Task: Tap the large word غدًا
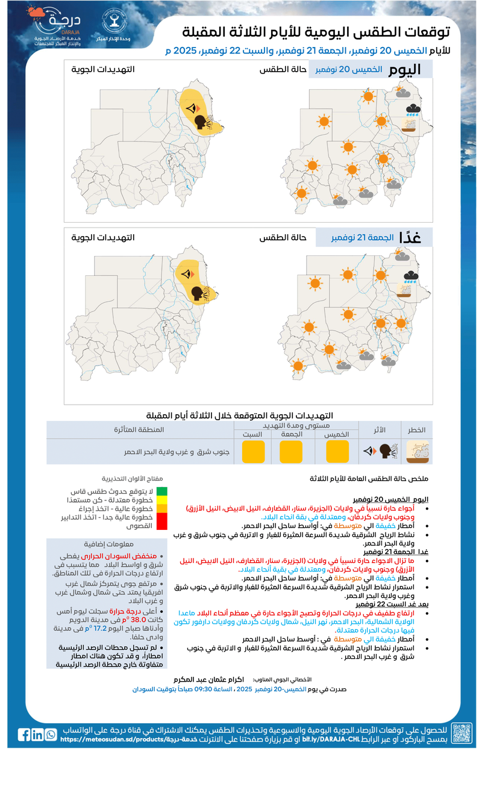tap(417, 237)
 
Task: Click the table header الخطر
tap(418, 429)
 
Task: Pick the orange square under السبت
tap(253, 452)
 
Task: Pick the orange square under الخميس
tap(337, 452)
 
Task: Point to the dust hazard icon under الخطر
tap(418, 452)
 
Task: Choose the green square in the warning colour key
tap(161, 491)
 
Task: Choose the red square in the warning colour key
tap(161, 521)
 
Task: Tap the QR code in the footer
tap(462, 733)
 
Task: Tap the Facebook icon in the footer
tap(23, 735)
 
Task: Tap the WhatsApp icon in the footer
tap(51, 735)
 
